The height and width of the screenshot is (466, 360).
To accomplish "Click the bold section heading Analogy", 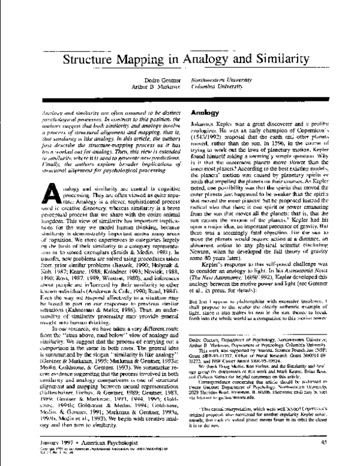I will [202, 112].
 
